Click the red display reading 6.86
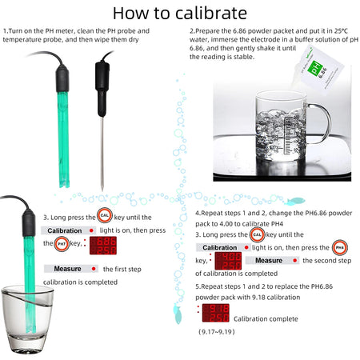(x=102, y=245)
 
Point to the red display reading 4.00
(x=228, y=260)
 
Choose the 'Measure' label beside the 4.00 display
(x=269, y=260)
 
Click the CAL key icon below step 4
(x=257, y=234)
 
